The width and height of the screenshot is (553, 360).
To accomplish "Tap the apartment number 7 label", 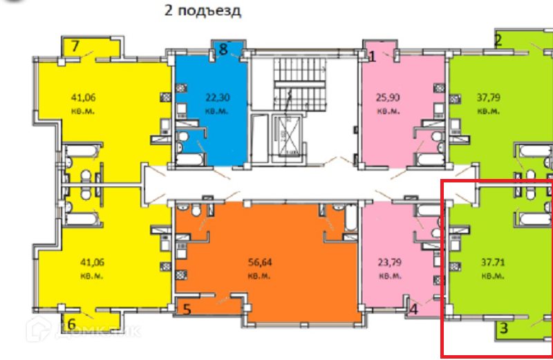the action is (76, 47).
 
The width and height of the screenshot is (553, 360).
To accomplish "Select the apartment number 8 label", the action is (223, 49).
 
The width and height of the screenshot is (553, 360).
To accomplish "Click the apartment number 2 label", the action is (498, 40).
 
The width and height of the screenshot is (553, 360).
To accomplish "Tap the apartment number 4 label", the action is (413, 310).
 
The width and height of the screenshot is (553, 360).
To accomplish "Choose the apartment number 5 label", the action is (187, 309).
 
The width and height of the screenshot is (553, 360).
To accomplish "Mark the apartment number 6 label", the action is (71, 323).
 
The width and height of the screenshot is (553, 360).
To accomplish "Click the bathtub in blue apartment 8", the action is (194, 159).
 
